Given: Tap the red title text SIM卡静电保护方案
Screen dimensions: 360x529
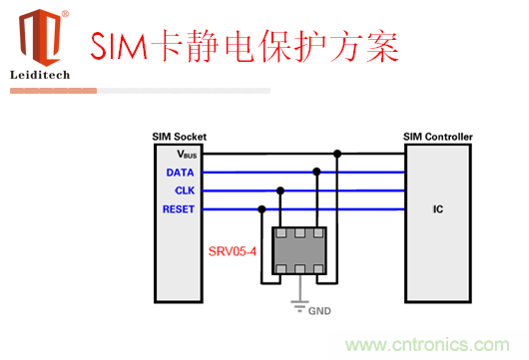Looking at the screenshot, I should [245, 46].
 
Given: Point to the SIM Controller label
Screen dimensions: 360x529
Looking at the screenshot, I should [437, 137].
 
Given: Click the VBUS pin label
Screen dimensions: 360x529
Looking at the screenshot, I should [189, 155].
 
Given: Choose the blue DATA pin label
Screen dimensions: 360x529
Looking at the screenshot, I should [181, 173].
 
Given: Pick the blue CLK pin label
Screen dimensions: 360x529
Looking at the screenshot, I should [184, 190].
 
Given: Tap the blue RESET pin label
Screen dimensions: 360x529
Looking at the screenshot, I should [179, 208].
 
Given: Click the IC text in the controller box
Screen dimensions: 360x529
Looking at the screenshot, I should [437, 209].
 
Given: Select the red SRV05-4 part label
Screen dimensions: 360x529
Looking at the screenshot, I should [232, 252].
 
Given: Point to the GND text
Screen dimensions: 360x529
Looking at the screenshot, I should [318, 310].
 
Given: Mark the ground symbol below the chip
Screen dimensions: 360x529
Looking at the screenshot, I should [297, 307].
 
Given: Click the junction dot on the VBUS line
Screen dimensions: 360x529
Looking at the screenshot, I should [338, 155].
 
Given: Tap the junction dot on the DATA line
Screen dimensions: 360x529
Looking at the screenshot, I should [316, 172].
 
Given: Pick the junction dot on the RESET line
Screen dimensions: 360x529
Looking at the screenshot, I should [262, 208].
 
